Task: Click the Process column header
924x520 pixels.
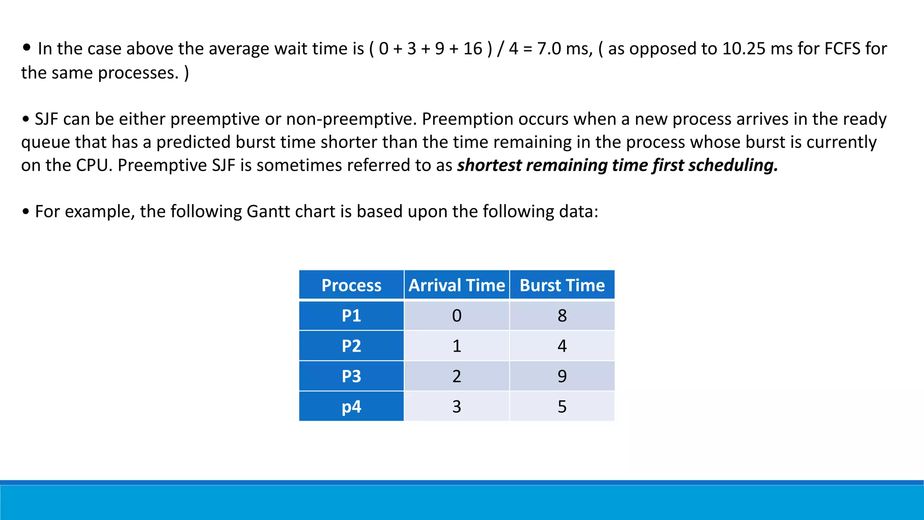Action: click(x=351, y=285)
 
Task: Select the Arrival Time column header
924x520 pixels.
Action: click(x=457, y=285)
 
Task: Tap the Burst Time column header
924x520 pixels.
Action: click(x=562, y=285)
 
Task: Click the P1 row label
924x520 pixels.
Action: click(x=351, y=316)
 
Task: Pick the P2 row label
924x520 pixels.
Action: click(x=351, y=346)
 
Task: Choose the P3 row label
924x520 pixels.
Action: click(x=351, y=376)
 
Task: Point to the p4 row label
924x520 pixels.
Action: click(x=351, y=407)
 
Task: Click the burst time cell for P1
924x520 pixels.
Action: click(x=562, y=316)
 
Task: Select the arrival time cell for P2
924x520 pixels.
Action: click(x=457, y=346)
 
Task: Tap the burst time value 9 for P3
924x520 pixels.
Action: click(x=562, y=376)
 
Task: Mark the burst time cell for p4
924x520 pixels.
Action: click(x=562, y=407)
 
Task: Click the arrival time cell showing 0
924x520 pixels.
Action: click(x=457, y=316)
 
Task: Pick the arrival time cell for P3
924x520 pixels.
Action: click(x=457, y=376)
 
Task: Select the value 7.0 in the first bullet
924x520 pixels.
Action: click(x=549, y=49)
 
